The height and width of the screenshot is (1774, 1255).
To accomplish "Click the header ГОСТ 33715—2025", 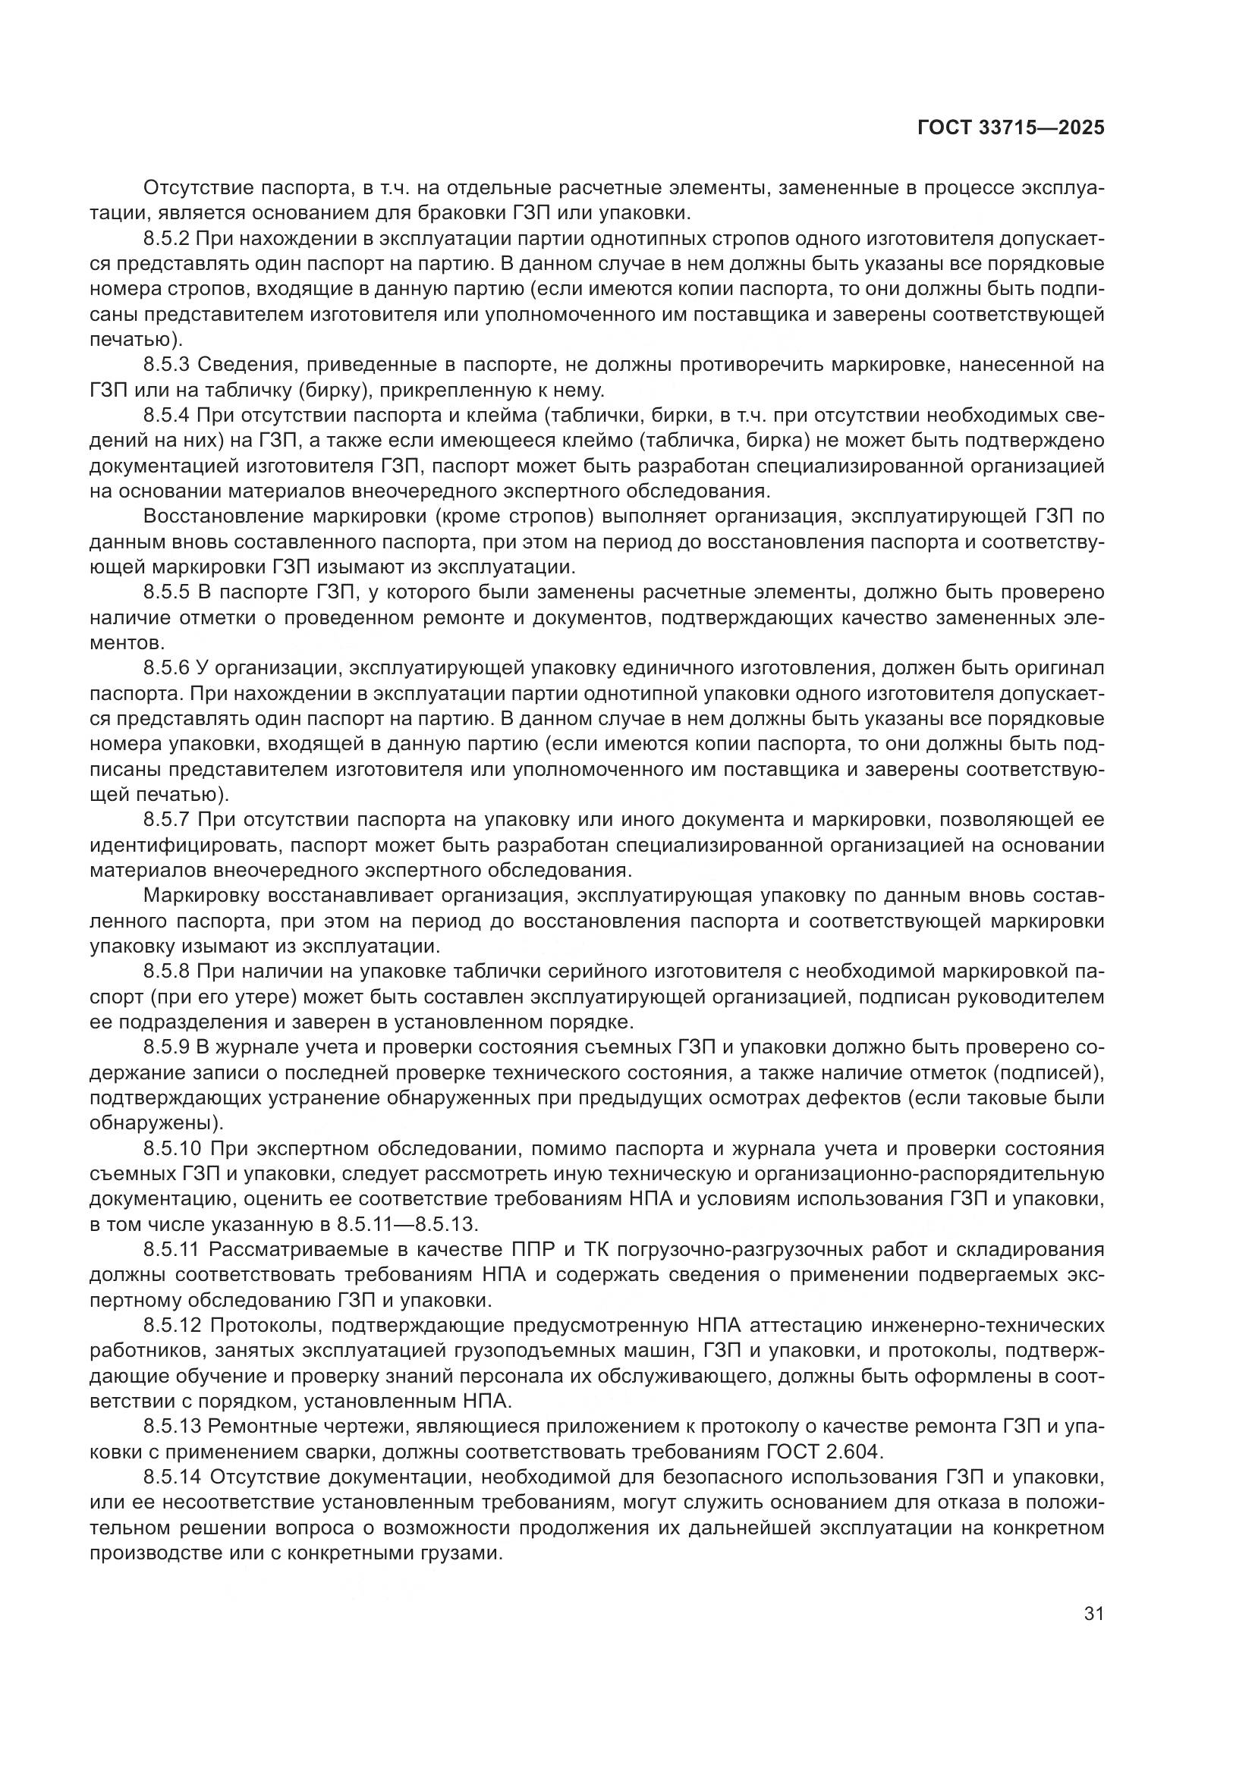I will [1011, 128].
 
